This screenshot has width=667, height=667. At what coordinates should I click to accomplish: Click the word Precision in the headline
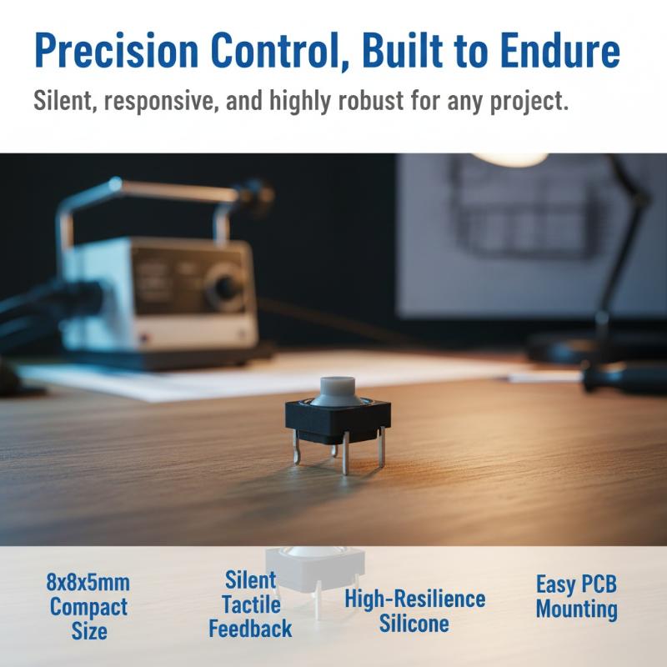tap(116, 50)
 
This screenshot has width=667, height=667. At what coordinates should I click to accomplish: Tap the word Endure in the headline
tap(559, 50)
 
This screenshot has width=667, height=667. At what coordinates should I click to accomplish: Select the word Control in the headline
tap(279, 51)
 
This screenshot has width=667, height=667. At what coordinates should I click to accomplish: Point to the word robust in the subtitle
tap(370, 100)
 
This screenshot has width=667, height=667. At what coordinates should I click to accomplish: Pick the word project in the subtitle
tap(529, 102)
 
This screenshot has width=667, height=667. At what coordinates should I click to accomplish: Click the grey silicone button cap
tap(338, 390)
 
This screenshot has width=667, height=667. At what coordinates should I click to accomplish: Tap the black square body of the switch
tap(338, 420)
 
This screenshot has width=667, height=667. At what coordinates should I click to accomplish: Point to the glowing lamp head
tap(509, 158)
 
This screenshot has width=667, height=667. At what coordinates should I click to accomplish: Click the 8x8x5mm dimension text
tap(88, 582)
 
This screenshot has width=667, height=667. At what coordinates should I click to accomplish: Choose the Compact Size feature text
tap(88, 619)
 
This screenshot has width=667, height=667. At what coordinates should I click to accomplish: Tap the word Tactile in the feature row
tap(251, 604)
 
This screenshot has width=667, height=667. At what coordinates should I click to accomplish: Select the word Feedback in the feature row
tap(250, 629)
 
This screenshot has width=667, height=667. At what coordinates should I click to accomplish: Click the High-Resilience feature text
tap(414, 599)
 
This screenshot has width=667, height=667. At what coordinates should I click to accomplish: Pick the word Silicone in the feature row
tap(414, 624)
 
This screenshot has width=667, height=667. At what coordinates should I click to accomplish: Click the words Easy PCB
tap(576, 584)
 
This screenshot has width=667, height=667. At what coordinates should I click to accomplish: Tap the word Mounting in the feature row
tap(576, 609)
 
